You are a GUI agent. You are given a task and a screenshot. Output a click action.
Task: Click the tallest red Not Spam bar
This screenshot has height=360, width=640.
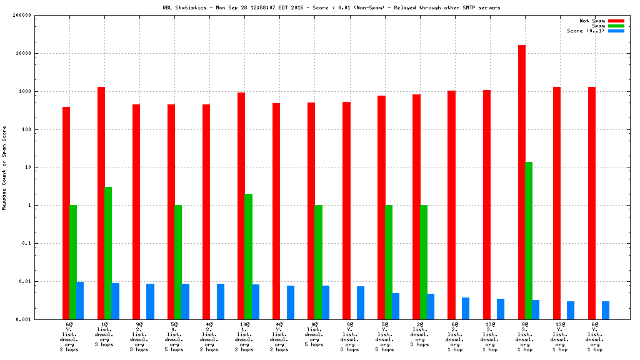[522, 181]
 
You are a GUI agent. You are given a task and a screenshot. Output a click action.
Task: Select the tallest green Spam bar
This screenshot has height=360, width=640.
[529, 241]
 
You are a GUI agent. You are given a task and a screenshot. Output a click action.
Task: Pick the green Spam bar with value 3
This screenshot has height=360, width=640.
[108, 252]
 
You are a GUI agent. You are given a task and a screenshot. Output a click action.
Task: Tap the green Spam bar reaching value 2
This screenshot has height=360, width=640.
[248, 256]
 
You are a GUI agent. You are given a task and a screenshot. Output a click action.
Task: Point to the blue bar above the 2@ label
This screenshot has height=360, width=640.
[431, 306]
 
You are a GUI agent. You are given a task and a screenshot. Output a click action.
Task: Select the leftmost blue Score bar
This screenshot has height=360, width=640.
[80, 300]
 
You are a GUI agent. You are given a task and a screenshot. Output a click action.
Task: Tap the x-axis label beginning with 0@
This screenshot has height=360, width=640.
[314, 335]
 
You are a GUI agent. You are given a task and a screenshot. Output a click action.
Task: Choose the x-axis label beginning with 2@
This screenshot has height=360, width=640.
[419, 335]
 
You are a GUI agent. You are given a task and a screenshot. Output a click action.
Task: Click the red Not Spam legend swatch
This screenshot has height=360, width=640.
[616, 21]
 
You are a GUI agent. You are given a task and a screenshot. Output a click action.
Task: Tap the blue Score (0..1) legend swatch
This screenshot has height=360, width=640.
[616, 31]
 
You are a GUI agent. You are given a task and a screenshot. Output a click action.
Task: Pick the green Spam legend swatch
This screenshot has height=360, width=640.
[616, 26]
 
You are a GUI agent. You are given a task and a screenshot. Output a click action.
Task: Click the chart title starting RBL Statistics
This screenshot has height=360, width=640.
[331, 7]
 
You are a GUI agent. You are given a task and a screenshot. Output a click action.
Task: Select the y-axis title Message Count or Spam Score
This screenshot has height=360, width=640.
[4, 167]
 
